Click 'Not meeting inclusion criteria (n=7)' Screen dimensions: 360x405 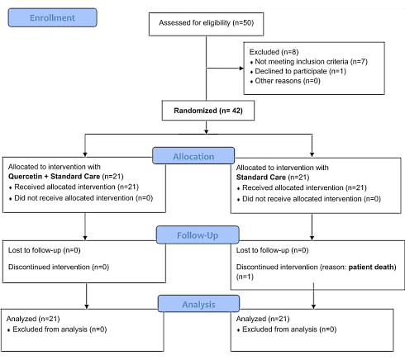click(x=312, y=62)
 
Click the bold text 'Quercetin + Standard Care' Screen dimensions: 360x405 click(x=59, y=176)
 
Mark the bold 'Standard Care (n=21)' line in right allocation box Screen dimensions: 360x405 click(x=264, y=176)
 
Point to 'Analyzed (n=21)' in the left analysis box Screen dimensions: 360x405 click(x=32, y=318)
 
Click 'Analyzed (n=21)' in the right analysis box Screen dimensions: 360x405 click(x=263, y=318)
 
